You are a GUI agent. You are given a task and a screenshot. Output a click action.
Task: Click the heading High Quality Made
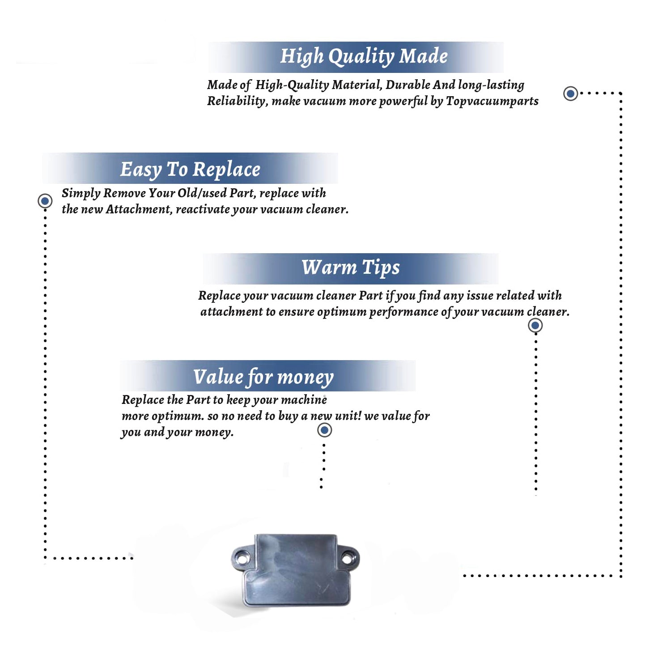click(x=364, y=57)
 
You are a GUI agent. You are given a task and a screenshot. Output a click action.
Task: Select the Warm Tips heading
click(x=350, y=268)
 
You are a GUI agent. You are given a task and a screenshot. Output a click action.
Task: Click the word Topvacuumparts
click(x=492, y=102)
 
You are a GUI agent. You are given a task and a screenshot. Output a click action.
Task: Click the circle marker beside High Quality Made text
click(x=570, y=93)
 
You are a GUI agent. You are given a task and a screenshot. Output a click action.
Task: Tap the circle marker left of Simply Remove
click(x=45, y=201)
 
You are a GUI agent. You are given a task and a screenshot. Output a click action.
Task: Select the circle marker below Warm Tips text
click(x=535, y=325)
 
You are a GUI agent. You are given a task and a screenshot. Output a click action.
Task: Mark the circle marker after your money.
click(x=324, y=430)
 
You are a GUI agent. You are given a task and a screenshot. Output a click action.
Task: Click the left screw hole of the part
click(x=242, y=559)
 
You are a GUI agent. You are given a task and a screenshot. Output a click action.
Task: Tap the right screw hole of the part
click(x=347, y=559)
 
